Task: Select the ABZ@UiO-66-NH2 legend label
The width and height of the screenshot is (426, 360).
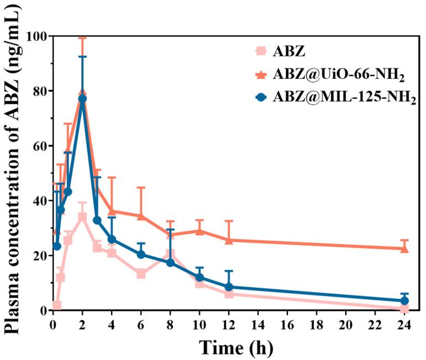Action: click(x=329, y=76)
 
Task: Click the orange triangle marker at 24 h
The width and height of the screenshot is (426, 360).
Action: click(x=404, y=248)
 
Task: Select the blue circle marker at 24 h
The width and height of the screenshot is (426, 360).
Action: click(x=404, y=301)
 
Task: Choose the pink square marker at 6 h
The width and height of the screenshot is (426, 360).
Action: click(x=141, y=273)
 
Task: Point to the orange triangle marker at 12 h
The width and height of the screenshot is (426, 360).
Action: click(x=229, y=240)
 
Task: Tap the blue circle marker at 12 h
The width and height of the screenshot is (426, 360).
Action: click(x=229, y=287)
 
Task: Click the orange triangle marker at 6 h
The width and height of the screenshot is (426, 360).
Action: click(x=141, y=216)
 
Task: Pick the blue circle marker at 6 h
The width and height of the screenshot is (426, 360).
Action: click(x=141, y=255)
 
